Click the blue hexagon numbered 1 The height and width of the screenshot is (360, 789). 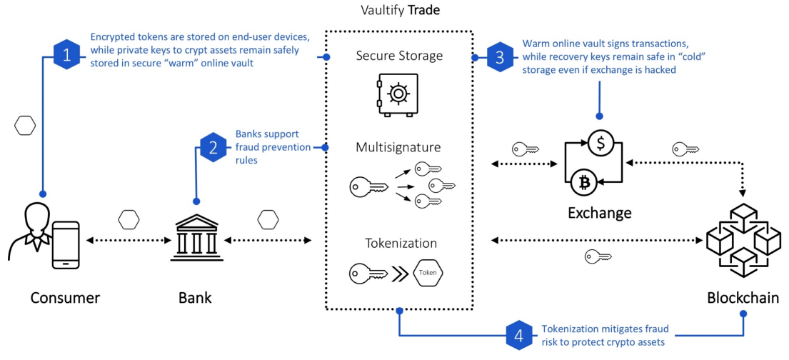[67, 56]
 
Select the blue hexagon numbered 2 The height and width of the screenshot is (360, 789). [213, 148]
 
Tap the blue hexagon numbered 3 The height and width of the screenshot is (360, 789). [499, 58]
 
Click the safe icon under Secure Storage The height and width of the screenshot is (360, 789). [398, 95]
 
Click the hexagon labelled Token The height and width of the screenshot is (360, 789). [428, 274]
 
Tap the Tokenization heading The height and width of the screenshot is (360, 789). [401, 244]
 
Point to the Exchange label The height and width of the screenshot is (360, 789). [599, 213]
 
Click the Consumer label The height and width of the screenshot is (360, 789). [66, 298]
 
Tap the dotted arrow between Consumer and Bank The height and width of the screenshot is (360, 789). [124, 241]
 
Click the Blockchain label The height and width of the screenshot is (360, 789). [743, 298]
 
